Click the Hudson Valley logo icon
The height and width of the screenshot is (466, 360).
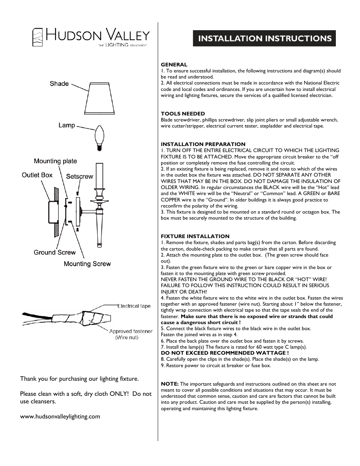pos(37,37)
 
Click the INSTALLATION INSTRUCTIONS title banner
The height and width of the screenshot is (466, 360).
pos(264,38)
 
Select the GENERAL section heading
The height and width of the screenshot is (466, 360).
pos(174,65)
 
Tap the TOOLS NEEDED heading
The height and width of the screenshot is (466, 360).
pos(183,114)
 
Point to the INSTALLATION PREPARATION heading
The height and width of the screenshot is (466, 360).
pos(203,144)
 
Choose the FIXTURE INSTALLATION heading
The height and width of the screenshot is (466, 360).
pos(195,236)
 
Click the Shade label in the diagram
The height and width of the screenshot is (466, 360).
pos(59,84)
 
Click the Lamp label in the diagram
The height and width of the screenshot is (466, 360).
pos(67,125)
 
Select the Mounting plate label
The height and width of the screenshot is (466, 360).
pos(55,161)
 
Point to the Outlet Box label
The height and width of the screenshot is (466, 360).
pos(37,175)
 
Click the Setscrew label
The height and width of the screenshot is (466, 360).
pos(80,177)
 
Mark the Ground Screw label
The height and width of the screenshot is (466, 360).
pos(55,252)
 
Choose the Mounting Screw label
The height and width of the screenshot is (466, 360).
pos(87,264)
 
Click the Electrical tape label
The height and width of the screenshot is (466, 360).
pos(134,306)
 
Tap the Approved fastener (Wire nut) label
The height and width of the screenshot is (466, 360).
pos(131,334)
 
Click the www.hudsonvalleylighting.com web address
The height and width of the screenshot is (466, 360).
pos(60,417)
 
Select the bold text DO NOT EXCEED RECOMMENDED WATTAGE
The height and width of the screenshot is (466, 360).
pos(225,353)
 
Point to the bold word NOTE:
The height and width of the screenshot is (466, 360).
pos(169,384)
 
